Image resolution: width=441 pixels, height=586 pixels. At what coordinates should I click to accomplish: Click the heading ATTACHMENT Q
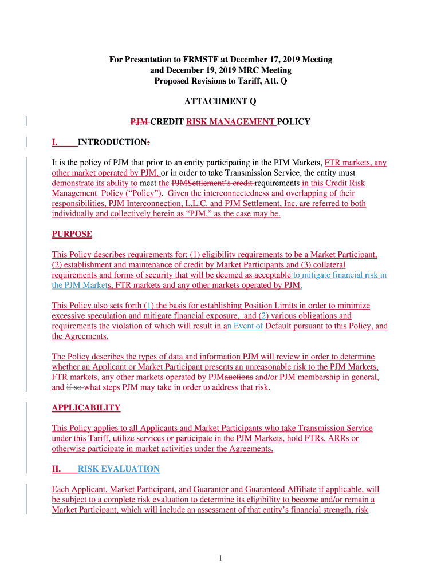[x=220, y=101]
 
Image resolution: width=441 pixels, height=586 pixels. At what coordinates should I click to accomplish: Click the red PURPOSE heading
[x=72, y=234]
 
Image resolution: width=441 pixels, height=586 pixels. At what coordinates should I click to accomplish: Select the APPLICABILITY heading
[x=86, y=408]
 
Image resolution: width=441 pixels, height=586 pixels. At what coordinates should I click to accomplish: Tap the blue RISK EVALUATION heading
[x=119, y=469]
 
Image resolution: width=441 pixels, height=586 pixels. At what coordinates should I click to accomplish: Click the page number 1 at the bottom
[x=220, y=559]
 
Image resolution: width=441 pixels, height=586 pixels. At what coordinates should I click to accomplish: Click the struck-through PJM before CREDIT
[x=139, y=122]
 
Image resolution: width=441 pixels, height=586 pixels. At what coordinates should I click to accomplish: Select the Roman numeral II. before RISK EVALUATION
[x=57, y=469]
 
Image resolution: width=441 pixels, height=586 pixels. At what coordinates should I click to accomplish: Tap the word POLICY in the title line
[x=294, y=122]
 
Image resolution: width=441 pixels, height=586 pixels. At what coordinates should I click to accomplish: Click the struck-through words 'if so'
[x=74, y=387]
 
